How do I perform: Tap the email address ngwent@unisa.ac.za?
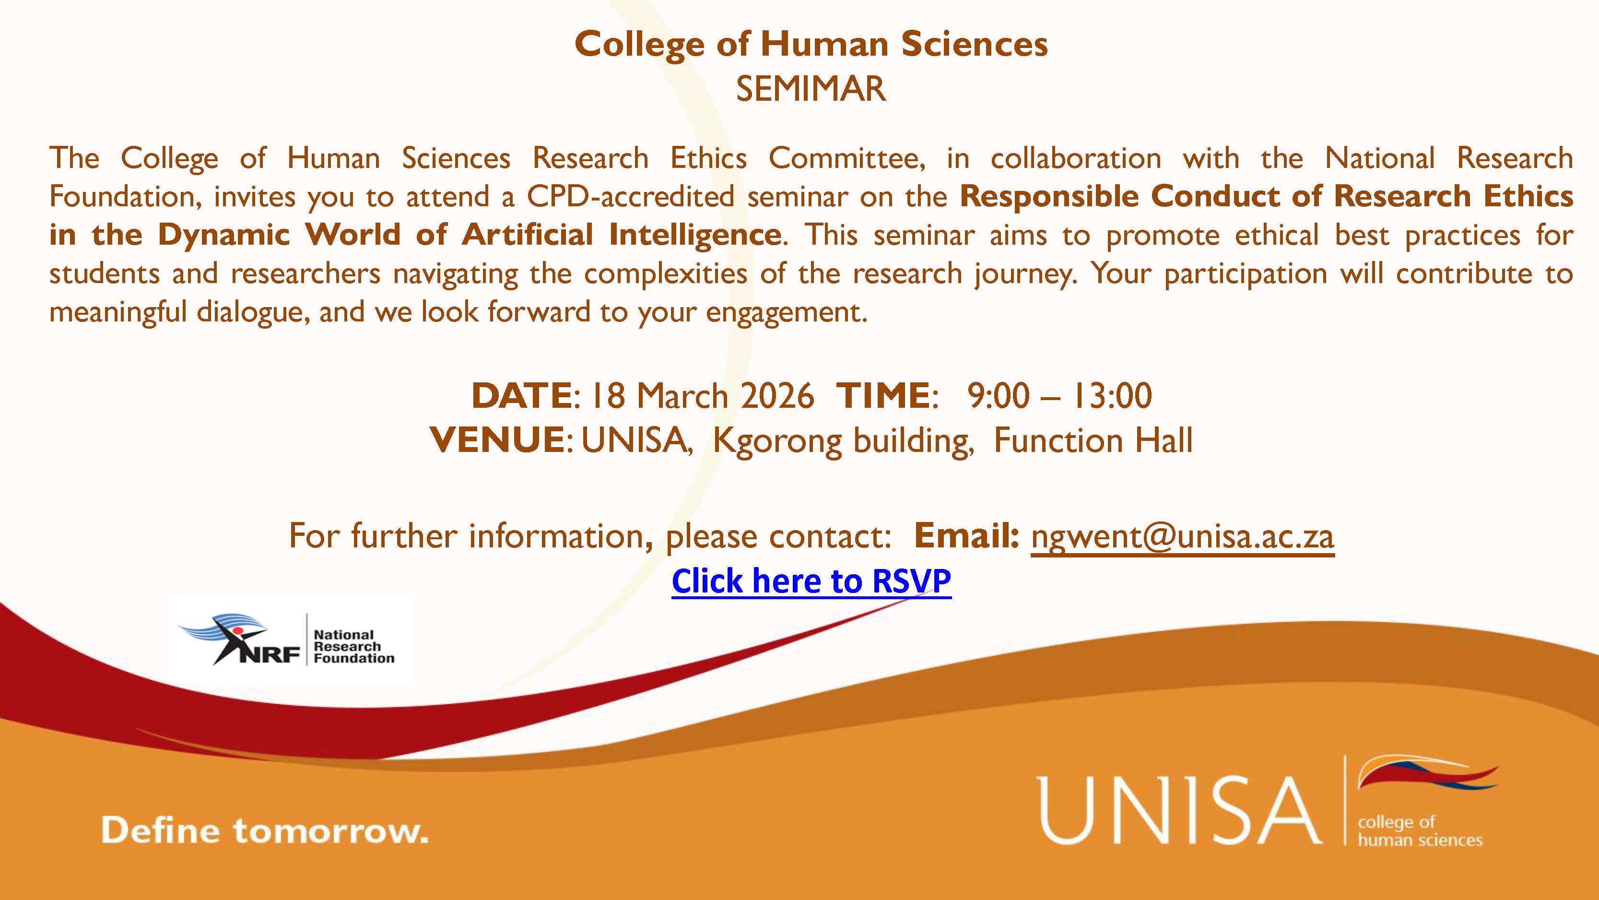(1183, 536)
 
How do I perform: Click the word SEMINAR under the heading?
(811, 89)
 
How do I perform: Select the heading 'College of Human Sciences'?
(811, 45)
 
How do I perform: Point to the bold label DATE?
(521, 396)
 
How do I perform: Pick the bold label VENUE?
(496, 440)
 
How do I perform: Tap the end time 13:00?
(1112, 396)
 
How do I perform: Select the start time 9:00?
(998, 396)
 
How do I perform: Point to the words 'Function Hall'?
(1093, 440)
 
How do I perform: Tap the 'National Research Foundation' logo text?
(353, 647)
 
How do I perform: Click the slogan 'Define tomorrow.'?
(264, 831)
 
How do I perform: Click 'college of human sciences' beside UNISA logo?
(1419, 831)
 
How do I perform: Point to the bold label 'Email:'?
(966, 536)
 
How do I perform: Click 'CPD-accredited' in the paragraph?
(630, 197)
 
